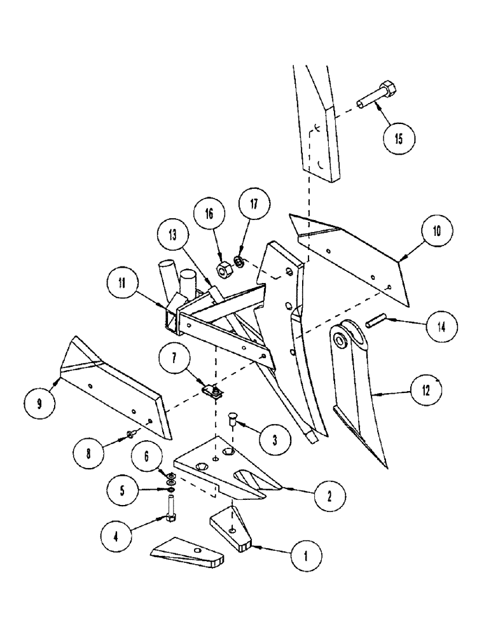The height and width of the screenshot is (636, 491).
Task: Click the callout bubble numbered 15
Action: pos(398,139)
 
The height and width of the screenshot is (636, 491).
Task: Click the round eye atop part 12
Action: pos(349,339)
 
